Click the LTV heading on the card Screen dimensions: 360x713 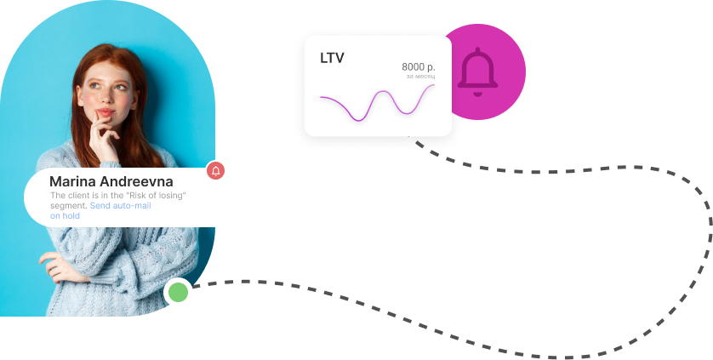pos(332,59)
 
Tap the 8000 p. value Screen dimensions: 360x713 pos(418,67)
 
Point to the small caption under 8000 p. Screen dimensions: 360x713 pos(420,77)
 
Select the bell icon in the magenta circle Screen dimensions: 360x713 pos(477,72)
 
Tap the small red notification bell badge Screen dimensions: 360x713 pos(216,171)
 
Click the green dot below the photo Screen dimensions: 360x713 pos(178,293)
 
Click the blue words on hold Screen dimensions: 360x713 pos(65,216)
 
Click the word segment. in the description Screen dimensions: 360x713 pos(68,206)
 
